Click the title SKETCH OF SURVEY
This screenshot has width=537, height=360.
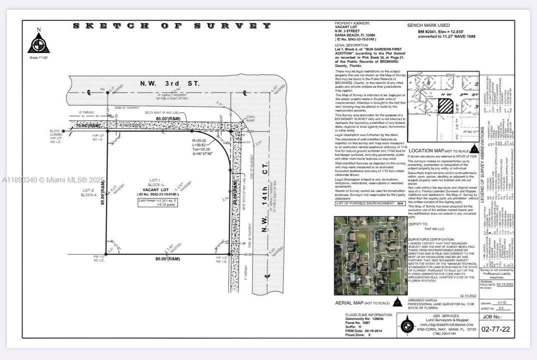(172, 26)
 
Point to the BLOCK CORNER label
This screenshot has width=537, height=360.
(55, 134)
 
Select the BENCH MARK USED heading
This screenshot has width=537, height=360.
(428, 25)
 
